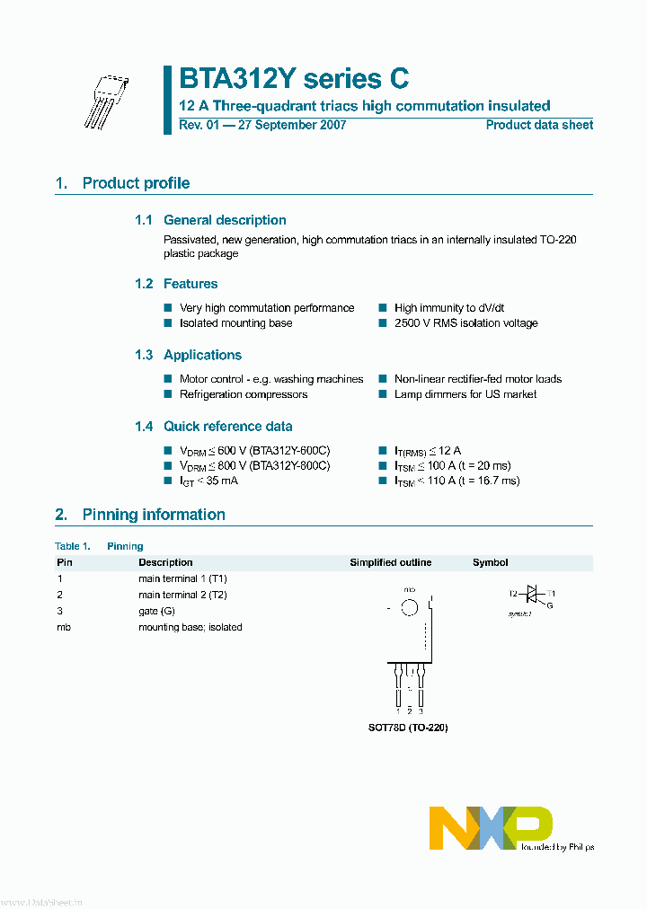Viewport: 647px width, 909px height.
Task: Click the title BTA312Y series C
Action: coord(294,78)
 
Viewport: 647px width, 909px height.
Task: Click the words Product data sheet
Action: coord(539,125)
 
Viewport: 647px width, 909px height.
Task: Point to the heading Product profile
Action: coord(136,183)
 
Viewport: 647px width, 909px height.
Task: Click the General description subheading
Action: coord(225,220)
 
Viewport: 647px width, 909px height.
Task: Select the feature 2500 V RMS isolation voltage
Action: coord(465,323)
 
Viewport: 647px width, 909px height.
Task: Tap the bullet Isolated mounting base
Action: coord(235,323)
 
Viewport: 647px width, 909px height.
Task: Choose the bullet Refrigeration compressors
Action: coord(244,394)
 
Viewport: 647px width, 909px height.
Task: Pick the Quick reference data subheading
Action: coord(227,427)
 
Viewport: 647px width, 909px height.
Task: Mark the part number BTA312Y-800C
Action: coord(290,466)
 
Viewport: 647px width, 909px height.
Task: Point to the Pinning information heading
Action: coord(154,515)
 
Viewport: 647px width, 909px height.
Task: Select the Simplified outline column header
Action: coord(390,563)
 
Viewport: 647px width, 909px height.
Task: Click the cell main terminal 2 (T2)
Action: coord(182,595)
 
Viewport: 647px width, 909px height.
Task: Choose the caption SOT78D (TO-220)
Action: coord(409,728)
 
